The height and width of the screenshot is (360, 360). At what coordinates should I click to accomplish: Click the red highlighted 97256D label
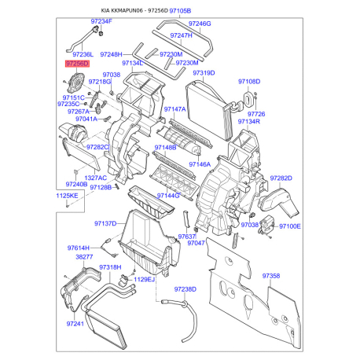tap(77, 62)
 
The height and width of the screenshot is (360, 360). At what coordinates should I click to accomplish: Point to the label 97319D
tap(204, 72)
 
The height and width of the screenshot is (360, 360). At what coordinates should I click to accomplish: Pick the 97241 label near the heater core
tap(75, 323)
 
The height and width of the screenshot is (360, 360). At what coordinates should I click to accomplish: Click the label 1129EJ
tap(145, 279)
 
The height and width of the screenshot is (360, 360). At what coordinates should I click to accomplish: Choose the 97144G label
tap(168, 194)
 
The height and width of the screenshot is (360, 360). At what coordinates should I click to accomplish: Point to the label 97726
tap(256, 114)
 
